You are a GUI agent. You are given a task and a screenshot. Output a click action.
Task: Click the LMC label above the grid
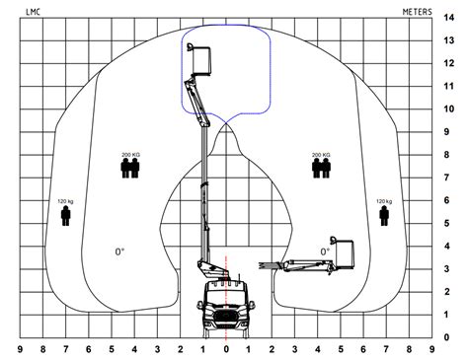coord(33,12)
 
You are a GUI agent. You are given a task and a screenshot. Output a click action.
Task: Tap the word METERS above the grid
coord(417,12)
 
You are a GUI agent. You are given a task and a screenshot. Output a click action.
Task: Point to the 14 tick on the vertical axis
coord(448,18)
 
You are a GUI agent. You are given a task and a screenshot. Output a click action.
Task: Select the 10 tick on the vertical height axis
coord(448,108)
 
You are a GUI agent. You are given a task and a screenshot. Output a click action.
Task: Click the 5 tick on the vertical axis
coord(446,223)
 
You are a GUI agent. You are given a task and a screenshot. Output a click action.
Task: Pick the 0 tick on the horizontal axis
coord(226,349)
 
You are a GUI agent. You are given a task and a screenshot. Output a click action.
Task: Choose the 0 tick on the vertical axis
coord(446,337)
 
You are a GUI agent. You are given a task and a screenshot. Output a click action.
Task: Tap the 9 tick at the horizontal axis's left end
coord(20,349)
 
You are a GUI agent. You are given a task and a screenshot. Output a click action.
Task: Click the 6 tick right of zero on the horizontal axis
coord(363,349)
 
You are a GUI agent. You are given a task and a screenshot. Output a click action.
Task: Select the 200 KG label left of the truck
coord(131,155)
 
